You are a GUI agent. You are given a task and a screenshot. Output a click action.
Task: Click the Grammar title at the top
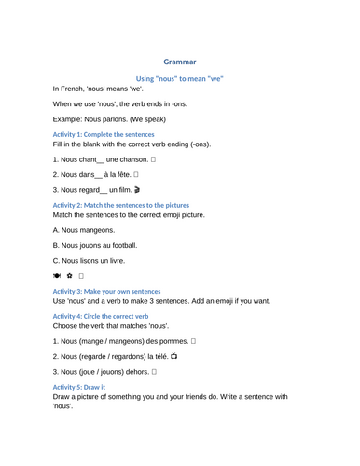[179, 62]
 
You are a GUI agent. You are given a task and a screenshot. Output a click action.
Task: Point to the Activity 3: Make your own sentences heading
[105, 291]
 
